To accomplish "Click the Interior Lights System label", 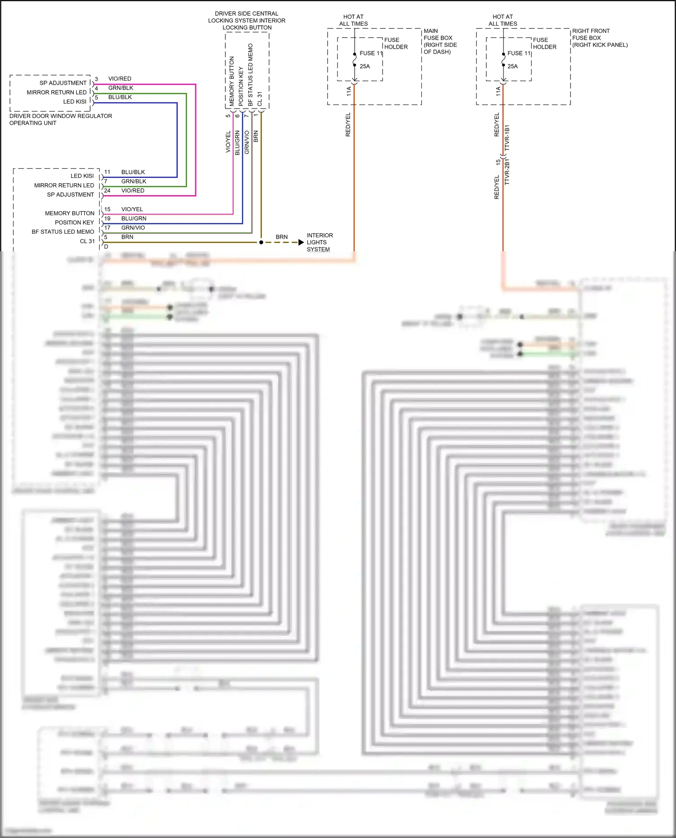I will coord(320,242).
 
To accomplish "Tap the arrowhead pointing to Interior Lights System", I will coord(301,242).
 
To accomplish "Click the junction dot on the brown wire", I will coord(261,242).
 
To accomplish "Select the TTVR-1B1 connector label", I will coord(507,138).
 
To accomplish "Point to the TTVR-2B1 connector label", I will coord(507,172).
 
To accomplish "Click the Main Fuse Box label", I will coord(440,41).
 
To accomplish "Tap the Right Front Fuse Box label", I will coord(599,38).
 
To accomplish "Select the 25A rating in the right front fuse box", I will coord(512,66).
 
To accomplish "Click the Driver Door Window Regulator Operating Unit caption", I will coord(60,119).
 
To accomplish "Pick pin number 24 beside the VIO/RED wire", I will coord(107,190).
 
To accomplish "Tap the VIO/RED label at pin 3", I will coord(119,79).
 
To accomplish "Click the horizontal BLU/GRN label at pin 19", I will coord(133,218).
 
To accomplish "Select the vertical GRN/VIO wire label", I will coord(247,142).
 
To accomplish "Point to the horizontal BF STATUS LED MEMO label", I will coord(63,232).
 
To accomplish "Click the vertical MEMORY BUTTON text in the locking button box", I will coord(232,81).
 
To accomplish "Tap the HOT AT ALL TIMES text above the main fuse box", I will coord(353,20).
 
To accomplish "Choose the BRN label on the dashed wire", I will coord(282,237).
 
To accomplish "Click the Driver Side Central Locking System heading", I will coord(247,20).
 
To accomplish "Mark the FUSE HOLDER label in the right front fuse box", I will coord(544,43).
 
